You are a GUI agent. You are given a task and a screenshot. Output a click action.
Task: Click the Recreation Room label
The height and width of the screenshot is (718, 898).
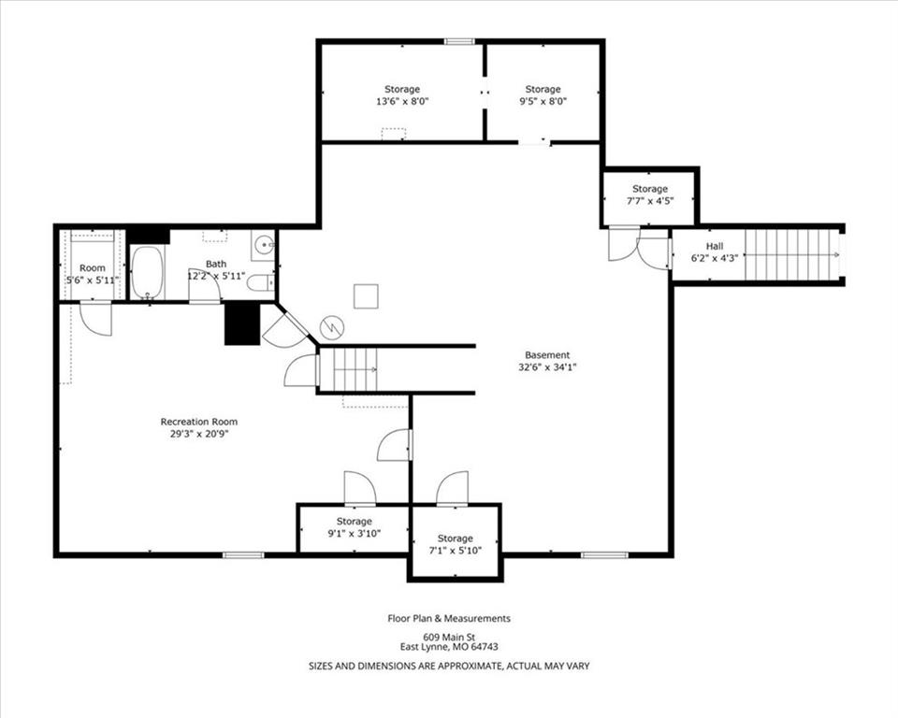pyautogui.click(x=198, y=422)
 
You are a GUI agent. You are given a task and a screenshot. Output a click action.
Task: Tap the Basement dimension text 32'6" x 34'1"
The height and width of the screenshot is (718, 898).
pyautogui.click(x=547, y=367)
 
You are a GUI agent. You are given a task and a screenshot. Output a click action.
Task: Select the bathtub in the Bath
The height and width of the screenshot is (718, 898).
pyautogui.click(x=148, y=273)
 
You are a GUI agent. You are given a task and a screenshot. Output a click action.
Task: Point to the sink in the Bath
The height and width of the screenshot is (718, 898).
pyautogui.click(x=264, y=246)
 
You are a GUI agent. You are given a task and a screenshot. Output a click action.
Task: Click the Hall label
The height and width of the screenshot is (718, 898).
pyautogui.click(x=714, y=246)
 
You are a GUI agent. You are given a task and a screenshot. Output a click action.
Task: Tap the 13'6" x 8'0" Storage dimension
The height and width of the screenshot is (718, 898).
pyautogui.click(x=402, y=102)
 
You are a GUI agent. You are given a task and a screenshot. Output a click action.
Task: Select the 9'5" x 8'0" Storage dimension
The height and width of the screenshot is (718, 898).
pyautogui.click(x=543, y=102)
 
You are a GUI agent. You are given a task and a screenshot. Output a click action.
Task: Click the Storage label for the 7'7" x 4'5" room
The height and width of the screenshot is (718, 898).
pyautogui.click(x=650, y=189)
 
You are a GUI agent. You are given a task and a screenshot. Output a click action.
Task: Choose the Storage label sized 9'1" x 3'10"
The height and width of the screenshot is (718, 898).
pyautogui.click(x=354, y=522)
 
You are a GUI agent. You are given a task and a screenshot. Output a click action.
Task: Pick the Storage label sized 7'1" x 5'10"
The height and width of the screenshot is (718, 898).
pyautogui.click(x=456, y=538)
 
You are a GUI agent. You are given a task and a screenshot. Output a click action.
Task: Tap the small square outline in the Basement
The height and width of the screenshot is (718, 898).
pyautogui.click(x=366, y=296)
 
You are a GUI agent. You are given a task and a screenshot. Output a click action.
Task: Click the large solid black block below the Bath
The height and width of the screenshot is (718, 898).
pyautogui.click(x=242, y=323)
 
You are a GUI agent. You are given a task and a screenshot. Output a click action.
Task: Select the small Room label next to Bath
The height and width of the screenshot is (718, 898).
pyautogui.click(x=93, y=268)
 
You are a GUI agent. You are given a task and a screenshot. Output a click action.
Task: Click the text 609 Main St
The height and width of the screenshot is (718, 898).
pyautogui.click(x=449, y=637)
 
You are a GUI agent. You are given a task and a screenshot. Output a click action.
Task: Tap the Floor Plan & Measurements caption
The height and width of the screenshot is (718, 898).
pyautogui.click(x=449, y=618)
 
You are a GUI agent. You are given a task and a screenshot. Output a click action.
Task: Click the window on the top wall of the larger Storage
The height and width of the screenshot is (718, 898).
pyautogui.click(x=460, y=41)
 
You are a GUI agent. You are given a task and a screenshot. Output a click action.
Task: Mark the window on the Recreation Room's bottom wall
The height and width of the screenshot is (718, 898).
pyautogui.click(x=243, y=554)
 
